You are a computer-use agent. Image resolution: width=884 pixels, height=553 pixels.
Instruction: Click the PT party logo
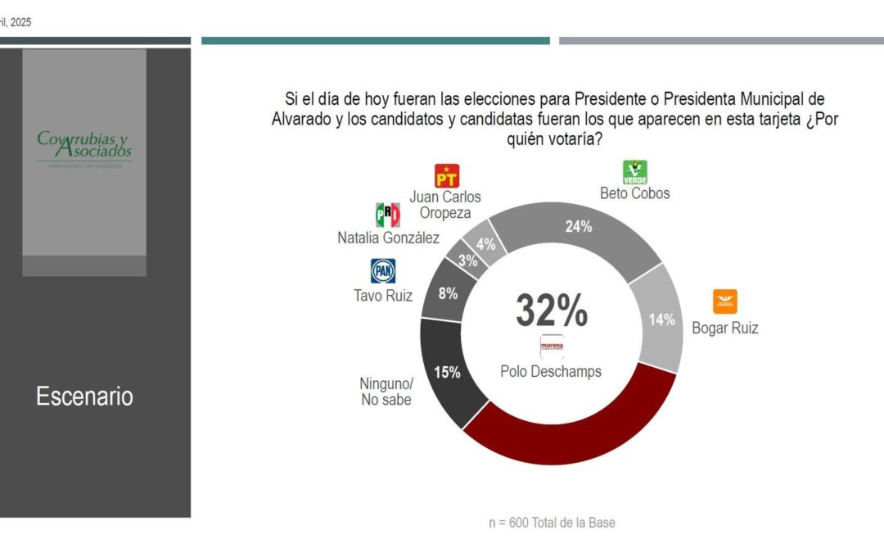[x=446, y=176]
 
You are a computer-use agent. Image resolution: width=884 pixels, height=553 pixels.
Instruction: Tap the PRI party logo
[x=387, y=215]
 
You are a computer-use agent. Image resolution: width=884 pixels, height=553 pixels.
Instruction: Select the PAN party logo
[x=383, y=271]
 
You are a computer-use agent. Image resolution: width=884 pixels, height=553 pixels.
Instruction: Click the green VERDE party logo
[x=635, y=172]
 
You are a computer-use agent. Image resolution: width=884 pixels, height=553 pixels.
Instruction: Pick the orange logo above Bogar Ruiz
[x=724, y=301]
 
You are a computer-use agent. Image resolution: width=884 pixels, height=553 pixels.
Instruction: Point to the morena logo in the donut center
[x=552, y=347]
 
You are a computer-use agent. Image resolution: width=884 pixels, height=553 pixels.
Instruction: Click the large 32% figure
[x=551, y=310]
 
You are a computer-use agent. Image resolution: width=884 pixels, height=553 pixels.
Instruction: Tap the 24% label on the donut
[x=579, y=227]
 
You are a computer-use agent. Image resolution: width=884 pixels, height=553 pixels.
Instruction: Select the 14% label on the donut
[x=661, y=320]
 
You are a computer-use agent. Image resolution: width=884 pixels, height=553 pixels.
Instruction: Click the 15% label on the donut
[x=447, y=372]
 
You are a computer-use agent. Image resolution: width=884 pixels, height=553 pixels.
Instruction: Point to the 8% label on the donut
[x=448, y=292]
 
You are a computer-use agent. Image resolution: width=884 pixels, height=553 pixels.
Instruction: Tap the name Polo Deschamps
[x=551, y=371]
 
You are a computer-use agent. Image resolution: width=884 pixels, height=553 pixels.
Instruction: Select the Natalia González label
[x=388, y=238]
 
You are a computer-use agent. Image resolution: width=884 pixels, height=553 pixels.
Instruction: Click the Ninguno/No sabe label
[x=386, y=392]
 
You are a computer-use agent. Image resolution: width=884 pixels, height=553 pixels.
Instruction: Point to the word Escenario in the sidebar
[x=84, y=397]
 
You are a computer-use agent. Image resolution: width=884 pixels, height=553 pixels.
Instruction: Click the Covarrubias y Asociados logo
[x=84, y=146]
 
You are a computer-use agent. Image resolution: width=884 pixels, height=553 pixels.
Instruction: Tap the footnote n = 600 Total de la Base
[x=551, y=522]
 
